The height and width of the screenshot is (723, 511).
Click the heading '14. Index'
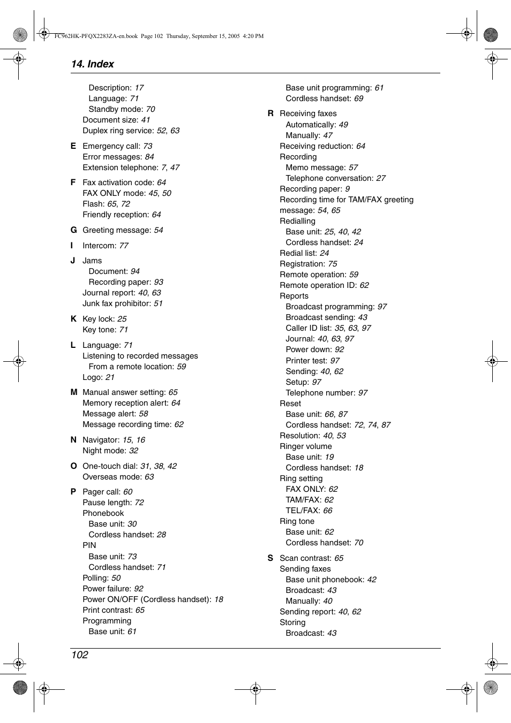point(92,64)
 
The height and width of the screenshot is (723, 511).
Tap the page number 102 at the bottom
point(79,655)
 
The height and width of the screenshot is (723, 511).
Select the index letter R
point(270,113)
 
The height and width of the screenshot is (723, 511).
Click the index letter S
point(270,558)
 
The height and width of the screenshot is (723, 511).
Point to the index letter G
point(74,230)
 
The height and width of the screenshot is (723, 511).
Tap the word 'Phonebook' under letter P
point(103,513)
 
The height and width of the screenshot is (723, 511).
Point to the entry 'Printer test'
point(306,361)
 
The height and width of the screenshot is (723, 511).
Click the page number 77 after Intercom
point(124,246)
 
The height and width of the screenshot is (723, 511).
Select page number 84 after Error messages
point(149,157)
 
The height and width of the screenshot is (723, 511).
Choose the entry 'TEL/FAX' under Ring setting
point(303,511)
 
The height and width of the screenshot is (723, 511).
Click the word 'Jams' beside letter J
point(92,261)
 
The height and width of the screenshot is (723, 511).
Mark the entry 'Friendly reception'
point(115,215)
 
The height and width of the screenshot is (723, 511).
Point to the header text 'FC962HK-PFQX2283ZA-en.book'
point(96,36)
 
